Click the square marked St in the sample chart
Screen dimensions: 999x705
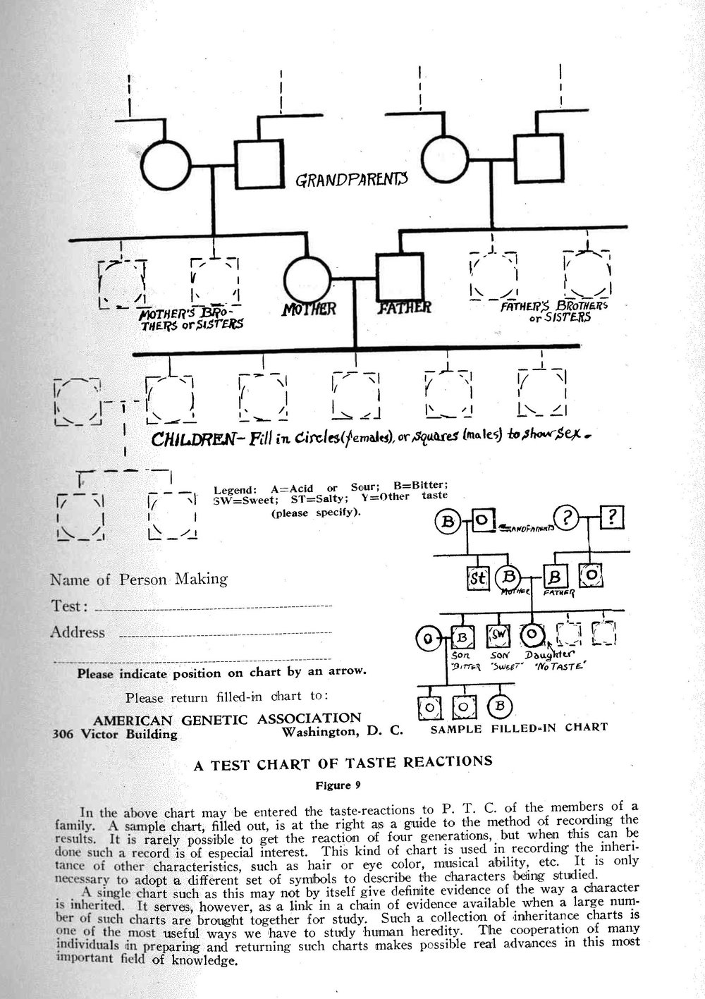point(478,579)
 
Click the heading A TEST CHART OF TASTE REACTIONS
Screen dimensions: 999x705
point(343,761)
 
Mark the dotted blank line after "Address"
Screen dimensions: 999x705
point(226,636)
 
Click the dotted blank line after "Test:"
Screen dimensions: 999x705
point(211,606)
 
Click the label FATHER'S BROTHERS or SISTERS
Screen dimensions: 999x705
point(553,312)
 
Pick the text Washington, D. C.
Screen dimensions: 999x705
point(342,731)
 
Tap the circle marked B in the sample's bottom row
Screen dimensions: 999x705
point(499,704)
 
